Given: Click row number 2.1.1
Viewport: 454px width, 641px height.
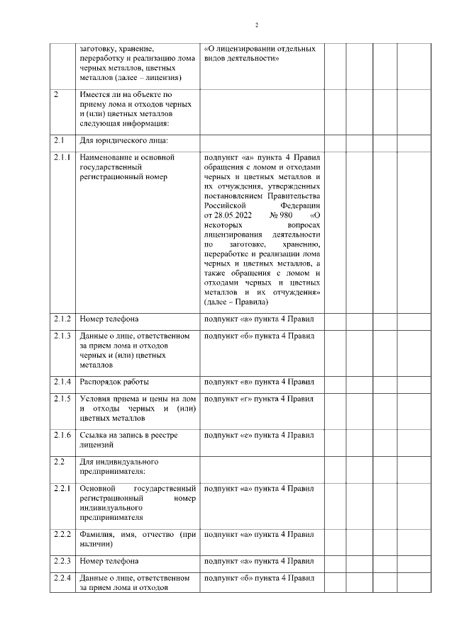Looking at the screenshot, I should (62, 157).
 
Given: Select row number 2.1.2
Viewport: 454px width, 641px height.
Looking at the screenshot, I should (62, 319).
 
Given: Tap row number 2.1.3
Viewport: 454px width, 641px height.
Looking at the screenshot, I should (62, 336).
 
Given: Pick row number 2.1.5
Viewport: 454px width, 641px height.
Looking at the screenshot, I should (62, 399).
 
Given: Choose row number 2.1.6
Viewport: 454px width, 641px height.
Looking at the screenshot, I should (62, 434).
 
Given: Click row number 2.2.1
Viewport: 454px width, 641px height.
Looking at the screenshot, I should (62, 489).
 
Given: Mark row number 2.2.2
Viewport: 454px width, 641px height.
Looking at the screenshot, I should (62, 533).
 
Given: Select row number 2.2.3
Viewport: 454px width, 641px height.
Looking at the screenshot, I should (62, 562).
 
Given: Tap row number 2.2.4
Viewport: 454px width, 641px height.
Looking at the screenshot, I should (62, 579).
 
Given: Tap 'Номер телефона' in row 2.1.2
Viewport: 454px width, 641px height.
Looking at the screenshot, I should (109, 319).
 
